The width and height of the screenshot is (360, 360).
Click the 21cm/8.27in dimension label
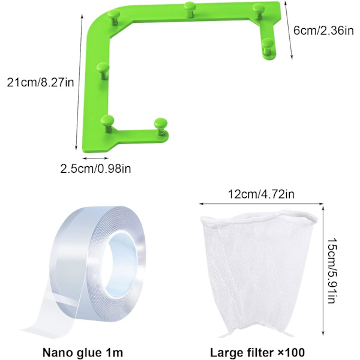[x=40, y=82]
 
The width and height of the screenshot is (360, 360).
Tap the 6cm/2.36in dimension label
[x=323, y=31]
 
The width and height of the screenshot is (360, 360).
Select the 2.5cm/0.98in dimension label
[x=96, y=169]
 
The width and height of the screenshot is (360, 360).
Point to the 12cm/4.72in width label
[x=261, y=194]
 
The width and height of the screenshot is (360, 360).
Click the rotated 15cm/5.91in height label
[x=332, y=271]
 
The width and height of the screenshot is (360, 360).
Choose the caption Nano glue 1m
[x=83, y=352]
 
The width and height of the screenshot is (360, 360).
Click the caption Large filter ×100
[x=257, y=352]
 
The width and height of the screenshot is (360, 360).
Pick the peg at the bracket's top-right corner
[x=259, y=11]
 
